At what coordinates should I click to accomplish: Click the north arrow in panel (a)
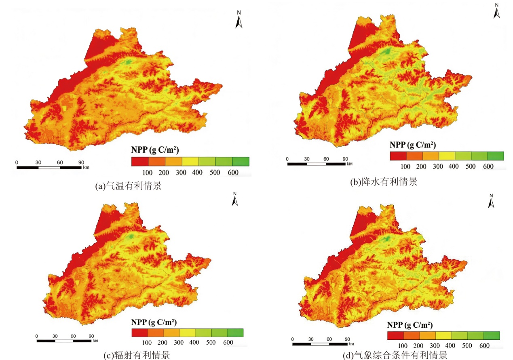pyautogui.click(x=239, y=20)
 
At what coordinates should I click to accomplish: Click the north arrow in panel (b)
pyautogui.click(x=496, y=11)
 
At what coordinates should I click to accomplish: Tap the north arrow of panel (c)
pyautogui.click(x=235, y=199)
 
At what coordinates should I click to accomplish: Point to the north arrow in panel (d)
pyautogui.click(x=491, y=201)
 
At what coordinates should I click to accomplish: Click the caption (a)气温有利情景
pyautogui.click(x=129, y=185)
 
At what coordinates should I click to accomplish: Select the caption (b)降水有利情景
pyautogui.click(x=384, y=182)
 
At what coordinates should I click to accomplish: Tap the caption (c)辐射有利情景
pyautogui.click(x=137, y=355)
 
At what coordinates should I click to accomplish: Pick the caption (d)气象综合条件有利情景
pyautogui.click(x=395, y=355)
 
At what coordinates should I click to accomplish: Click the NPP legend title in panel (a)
pyautogui.click(x=155, y=150)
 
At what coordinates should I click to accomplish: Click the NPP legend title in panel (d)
pyautogui.click(x=410, y=325)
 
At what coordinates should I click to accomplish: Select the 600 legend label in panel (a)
pyautogui.click(x=233, y=173)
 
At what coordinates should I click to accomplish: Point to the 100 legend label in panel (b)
pyautogui.click(x=405, y=166)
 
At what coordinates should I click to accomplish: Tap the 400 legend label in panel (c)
pyautogui.click(x=194, y=342)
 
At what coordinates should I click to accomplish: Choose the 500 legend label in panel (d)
pyautogui.click(x=467, y=345)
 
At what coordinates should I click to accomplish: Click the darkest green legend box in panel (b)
pyautogui.click(x=496, y=156)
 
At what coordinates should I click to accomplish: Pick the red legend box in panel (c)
pyautogui.click(x=140, y=333)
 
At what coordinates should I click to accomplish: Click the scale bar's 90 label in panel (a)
pyautogui.click(x=81, y=162)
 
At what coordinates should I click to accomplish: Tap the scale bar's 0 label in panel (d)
pyautogui.click(x=292, y=339)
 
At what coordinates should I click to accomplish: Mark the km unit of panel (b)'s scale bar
pyautogui.click(x=350, y=164)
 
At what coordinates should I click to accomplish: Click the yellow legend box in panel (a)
pyautogui.click(x=190, y=161)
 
